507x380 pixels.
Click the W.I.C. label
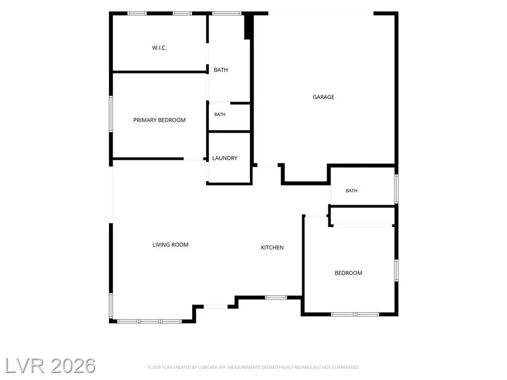159,48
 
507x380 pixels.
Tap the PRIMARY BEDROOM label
159,120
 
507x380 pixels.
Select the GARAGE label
323,97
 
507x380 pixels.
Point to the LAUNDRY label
225,158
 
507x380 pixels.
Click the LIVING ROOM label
170,245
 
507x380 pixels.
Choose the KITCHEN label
272,248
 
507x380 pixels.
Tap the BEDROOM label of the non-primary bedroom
348,273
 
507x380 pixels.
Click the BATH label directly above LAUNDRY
220,115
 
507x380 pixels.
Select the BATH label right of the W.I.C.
221,70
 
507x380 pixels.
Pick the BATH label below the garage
351,191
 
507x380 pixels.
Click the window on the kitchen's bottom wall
276,297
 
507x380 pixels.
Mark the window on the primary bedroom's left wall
111,113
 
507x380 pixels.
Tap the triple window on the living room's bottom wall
150,321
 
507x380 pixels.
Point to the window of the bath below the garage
396,189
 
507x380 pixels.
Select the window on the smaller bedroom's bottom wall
355,314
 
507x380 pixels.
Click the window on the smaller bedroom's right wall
396,270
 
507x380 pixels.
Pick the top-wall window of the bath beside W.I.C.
227,13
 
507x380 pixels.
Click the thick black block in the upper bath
248,26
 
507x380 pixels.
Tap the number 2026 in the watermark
73,366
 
